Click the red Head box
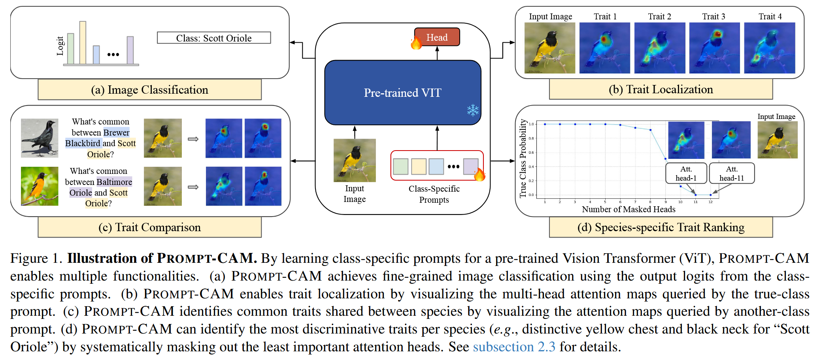pyautogui.click(x=437, y=37)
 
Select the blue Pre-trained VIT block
pyautogui.click(x=402, y=92)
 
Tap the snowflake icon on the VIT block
pyautogui.click(x=473, y=110)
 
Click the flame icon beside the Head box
pyautogui.click(x=416, y=42)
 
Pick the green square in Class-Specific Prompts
pyautogui.click(x=400, y=166)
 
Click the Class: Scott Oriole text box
pyautogui.click(x=214, y=38)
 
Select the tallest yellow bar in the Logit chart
pyautogui.click(x=83, y=43)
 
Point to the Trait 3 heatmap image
pyautogui.click(x=714, y=48)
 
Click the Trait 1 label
pyautogui.click(x=605, y=17)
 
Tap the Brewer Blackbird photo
pyautogui.click(x=40, y=138)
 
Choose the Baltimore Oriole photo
pyautogui.click(x=40, y=186)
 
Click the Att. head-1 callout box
pyautogui.click(x=686, y=173)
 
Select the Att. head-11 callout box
pyautogui.click(x=732, y=173)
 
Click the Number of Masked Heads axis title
pyautogui.click(x=629, y=209)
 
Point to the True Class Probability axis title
pyautogui.click(x=523, y=158)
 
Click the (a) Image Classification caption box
pyautogui.click(x=149, y=90)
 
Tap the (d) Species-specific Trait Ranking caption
pyautogui.click(x=661, y=227)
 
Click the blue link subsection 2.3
pyautogui.click(x=514, y=347)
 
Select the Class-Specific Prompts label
pyautogui.click(x=434, y=194)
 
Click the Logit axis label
pyautogui.click(x=60, y=46)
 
